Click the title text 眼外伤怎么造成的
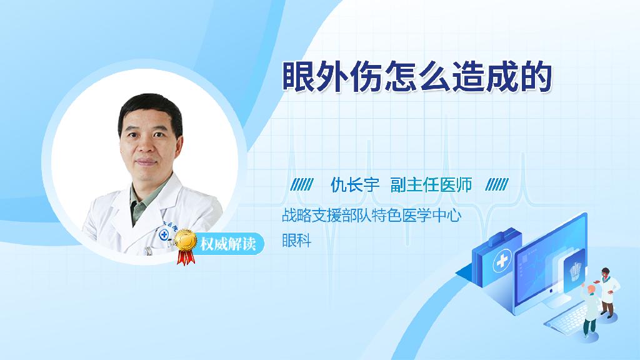coord(417,76)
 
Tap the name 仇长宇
coord(355,185)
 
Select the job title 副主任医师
coord(431,185)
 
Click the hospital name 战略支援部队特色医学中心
coord(371,215)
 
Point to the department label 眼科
coord(297,241)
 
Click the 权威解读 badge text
coord(228,244)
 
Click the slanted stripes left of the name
coord(302,185)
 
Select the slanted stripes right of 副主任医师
coord(497,185)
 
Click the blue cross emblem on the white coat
coord(164,235)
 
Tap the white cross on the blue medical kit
coord(502,261)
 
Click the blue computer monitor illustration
coord(551,265)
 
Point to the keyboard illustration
coord(568,317)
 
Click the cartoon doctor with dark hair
coord(607,292)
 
